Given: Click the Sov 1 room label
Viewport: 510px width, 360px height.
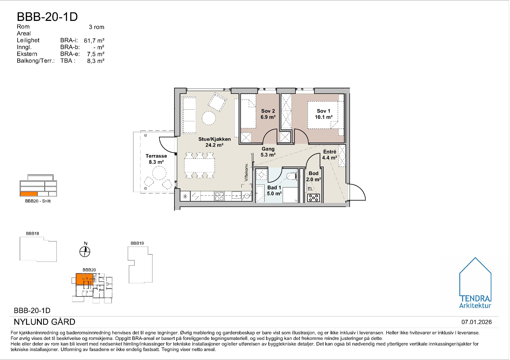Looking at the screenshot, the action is point(323,114).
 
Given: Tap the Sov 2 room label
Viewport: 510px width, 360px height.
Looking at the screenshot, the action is point(268,114).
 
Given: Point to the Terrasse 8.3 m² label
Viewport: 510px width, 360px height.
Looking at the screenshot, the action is point(156,159).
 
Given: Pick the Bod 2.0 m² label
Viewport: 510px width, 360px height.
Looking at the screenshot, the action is point(314,176).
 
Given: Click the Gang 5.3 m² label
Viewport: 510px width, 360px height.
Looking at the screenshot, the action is point(268,152).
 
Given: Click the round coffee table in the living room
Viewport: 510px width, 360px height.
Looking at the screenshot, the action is point(209,118).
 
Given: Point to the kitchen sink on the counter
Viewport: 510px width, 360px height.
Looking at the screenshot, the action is point(237,195).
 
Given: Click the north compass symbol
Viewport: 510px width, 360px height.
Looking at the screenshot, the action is point(85,251).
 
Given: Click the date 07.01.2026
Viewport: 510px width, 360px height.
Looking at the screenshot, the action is point(477,322).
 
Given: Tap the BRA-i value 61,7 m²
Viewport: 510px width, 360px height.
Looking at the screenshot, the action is point(94,40).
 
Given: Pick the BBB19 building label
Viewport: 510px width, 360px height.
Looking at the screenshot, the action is point(137,243).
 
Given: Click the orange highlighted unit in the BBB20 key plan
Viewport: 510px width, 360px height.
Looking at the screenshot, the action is point(84,279).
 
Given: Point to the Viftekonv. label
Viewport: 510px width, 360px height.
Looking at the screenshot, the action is point(246,172).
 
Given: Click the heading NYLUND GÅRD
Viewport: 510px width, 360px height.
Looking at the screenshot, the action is point(44,322).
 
